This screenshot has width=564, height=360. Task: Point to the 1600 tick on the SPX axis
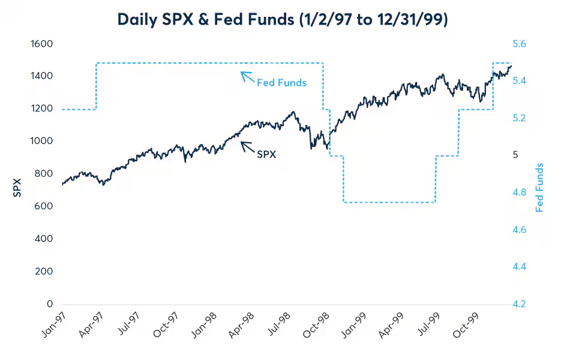(x=42, y=44)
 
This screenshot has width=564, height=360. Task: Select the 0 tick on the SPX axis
(x=50, y=304)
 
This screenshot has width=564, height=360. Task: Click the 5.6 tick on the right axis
(x=519, y=44)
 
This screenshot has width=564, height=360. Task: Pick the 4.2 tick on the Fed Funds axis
(x=519, y=304)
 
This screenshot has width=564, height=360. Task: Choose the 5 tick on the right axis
(x=515, y=155)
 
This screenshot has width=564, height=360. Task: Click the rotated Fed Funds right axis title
(x=539, y=187)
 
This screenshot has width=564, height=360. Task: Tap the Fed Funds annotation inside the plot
(x=281, y=83)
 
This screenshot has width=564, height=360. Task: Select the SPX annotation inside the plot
(x=266, y=154)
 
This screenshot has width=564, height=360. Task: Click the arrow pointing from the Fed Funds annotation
(x=247, y=77)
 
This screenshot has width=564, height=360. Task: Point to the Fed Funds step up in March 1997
(x=96, y=86)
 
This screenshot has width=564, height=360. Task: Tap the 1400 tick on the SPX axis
(x=42, y=76)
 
